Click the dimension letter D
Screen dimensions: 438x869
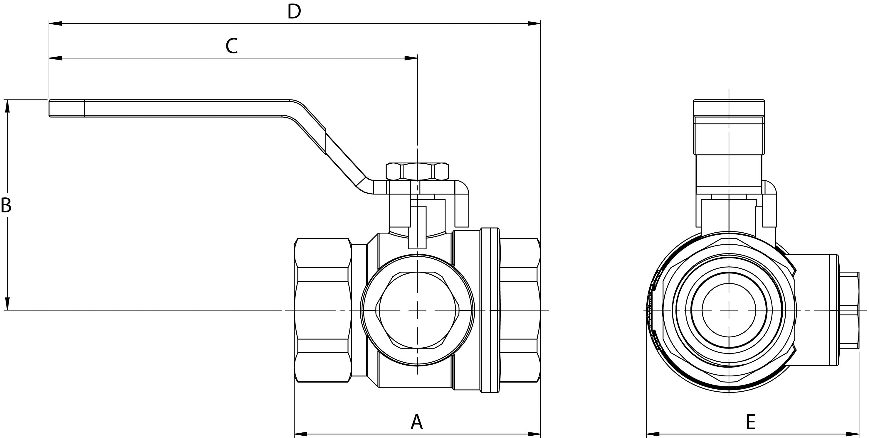[294, 12]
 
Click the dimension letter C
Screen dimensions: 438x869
[232, 46]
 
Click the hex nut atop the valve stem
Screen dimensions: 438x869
[417, 172]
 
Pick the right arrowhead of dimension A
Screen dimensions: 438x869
[534, 434]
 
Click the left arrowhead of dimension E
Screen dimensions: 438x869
[653, 434]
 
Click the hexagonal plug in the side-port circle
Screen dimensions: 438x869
[418, 310]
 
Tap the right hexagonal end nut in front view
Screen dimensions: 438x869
[520, 310]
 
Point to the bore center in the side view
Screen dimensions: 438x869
[729, 310]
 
